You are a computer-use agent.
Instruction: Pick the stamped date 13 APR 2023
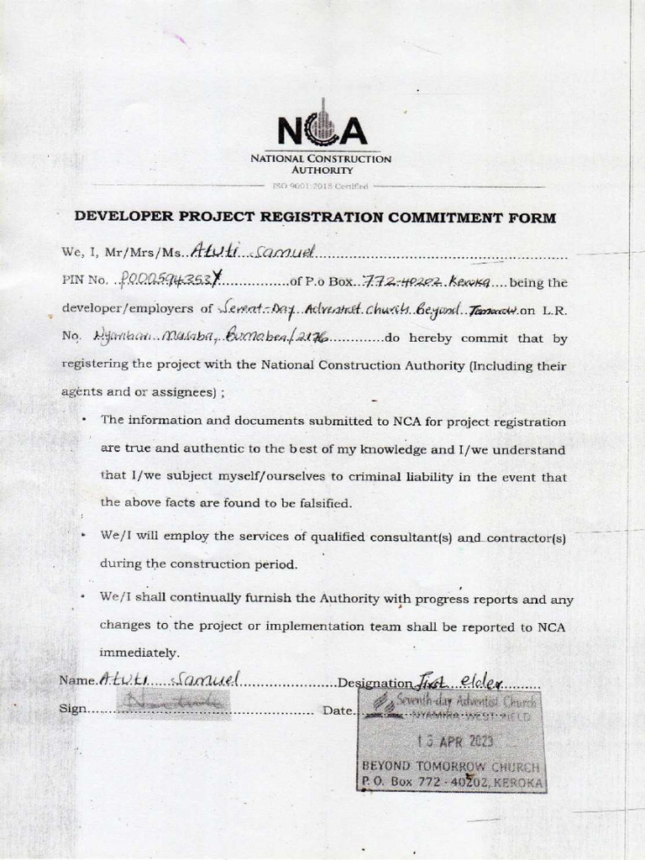coord(454,742)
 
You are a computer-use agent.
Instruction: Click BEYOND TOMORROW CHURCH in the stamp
coord(450,767)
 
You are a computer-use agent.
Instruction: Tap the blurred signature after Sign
coord(171,705)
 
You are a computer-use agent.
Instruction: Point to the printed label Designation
coord(375,683)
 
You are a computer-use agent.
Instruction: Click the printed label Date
coord(337,711)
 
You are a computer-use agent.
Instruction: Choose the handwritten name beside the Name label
coord(170,679)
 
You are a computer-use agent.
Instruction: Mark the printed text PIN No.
coord(85,281)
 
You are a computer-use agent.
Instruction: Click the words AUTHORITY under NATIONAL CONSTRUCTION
coord(322,170)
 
